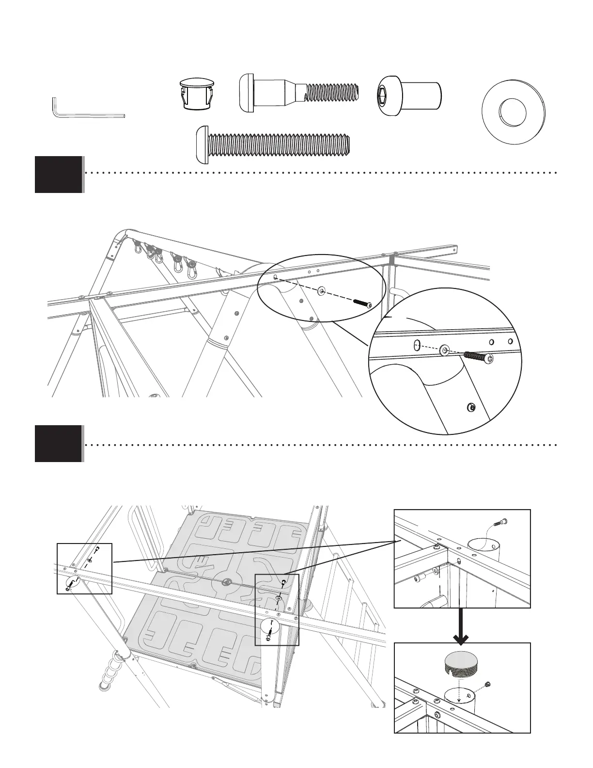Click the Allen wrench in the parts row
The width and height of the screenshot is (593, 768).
[x=87, y=114]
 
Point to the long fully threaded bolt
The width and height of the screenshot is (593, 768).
[x=272, y=144]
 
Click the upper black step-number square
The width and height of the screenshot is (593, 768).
[x=58, y=174]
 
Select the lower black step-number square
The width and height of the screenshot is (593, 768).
[x=58, y=444]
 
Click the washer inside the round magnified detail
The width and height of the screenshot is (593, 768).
[x=444, y=350]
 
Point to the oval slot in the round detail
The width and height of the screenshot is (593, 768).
[x=416, y=345]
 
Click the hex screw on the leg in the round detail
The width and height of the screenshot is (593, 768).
[x=469, y=406]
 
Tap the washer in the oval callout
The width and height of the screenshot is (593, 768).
[x=321, y=291]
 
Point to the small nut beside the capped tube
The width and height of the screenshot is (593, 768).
[x=488, y=684]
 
